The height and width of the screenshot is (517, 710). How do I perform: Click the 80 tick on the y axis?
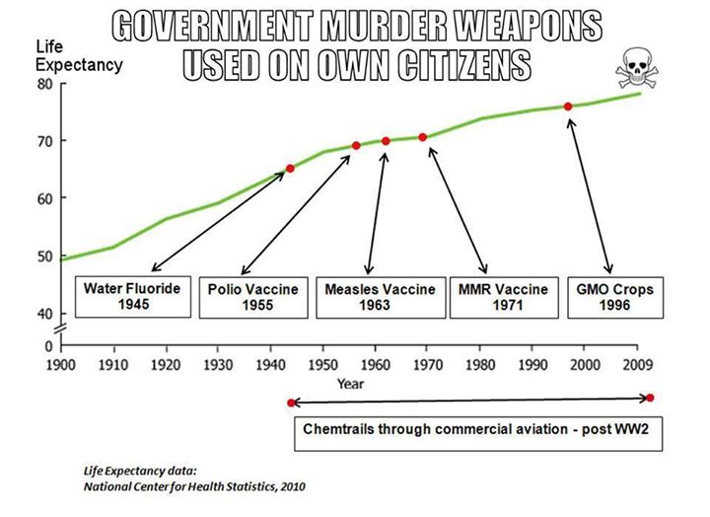coord(46,84)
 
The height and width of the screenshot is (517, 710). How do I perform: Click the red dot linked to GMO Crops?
coord(568,107)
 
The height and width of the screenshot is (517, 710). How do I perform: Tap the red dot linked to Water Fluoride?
coord(290,169)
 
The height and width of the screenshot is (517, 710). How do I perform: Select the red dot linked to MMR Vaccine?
coord(423,137)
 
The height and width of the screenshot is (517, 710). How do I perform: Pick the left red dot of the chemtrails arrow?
coord(290,403)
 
